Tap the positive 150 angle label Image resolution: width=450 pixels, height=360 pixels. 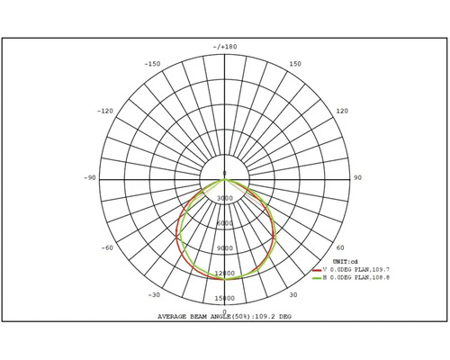296,64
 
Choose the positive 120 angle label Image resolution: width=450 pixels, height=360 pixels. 342,111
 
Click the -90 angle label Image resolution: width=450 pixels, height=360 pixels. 90,178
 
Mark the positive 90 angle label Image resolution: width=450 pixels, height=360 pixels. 357,178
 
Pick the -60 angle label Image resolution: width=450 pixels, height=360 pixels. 108,247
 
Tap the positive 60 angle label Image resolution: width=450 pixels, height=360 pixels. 340,247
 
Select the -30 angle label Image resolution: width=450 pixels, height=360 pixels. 154,294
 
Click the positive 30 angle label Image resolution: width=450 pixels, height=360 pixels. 292,294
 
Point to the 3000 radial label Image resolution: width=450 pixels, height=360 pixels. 225,198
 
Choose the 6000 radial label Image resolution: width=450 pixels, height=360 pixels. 225,223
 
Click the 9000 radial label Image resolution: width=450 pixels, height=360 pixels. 225,248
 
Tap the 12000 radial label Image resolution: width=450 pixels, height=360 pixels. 225,274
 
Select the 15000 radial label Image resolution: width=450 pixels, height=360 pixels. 225,299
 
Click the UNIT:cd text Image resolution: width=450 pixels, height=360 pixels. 335,261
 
